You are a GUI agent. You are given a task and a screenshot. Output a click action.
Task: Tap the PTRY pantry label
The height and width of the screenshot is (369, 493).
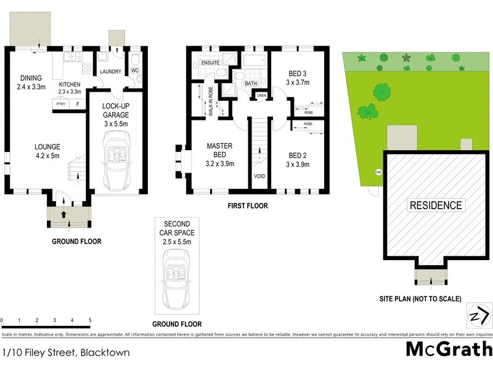coord(60,105)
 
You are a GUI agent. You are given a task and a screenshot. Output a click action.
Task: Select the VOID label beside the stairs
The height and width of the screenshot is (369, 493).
coord(259,177)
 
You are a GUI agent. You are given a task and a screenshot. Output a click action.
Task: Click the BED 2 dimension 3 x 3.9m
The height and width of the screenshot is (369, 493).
coord(298,164)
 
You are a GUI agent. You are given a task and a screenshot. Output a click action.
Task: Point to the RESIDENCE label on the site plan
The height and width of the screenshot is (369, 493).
coord(435,205)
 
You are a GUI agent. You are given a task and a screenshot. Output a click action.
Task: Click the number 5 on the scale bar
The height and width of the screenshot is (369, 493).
coord(90,321)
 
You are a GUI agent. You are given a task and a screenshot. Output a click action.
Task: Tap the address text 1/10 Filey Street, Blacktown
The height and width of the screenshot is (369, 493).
coord(60,353)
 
